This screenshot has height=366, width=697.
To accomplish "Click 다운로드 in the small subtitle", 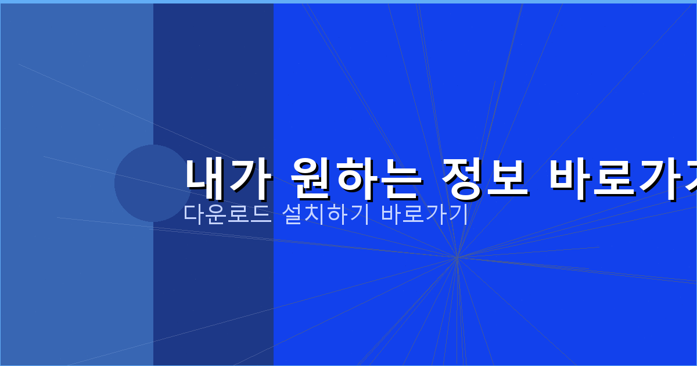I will coord(227,214).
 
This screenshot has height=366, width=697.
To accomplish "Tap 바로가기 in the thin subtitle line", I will coord(425,214).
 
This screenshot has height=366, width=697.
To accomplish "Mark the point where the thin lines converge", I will coord(457,257).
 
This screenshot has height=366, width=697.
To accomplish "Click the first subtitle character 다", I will coord(194,214).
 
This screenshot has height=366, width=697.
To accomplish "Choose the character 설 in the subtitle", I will coord(291,214).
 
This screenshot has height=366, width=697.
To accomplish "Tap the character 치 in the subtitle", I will coord(314,214).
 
